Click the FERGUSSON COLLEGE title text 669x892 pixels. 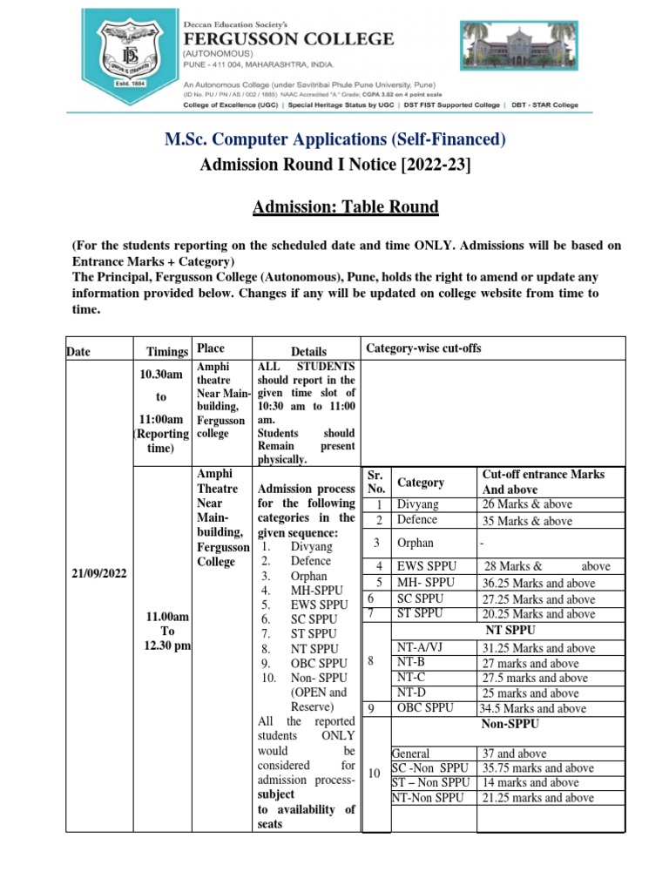287,39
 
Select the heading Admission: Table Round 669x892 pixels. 345,207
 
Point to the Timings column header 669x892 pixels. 167,351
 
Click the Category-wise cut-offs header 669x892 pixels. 423,348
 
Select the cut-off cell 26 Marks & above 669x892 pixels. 527,505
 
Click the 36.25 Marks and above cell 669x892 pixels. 538,584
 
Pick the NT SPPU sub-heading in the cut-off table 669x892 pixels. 510,630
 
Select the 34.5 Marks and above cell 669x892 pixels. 532,708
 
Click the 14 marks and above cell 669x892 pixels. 530,783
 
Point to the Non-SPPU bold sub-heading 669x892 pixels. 510,724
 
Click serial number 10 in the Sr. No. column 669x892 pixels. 375,774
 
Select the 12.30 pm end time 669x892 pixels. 167,645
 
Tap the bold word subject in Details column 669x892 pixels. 276,794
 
